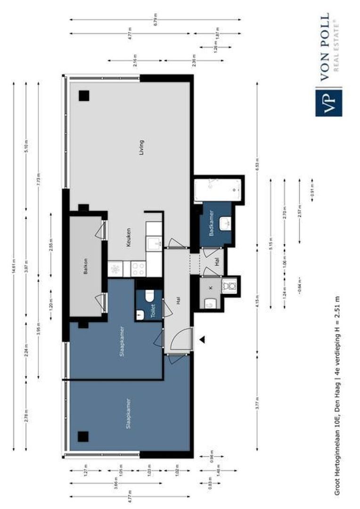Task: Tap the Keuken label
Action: [128, 238]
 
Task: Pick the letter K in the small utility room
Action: [211, 287]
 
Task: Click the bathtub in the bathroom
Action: [218, 189]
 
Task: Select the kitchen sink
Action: [153, 244]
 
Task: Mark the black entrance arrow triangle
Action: [203, 339]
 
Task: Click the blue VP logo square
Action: [329, 102]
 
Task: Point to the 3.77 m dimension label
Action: [257, 405]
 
